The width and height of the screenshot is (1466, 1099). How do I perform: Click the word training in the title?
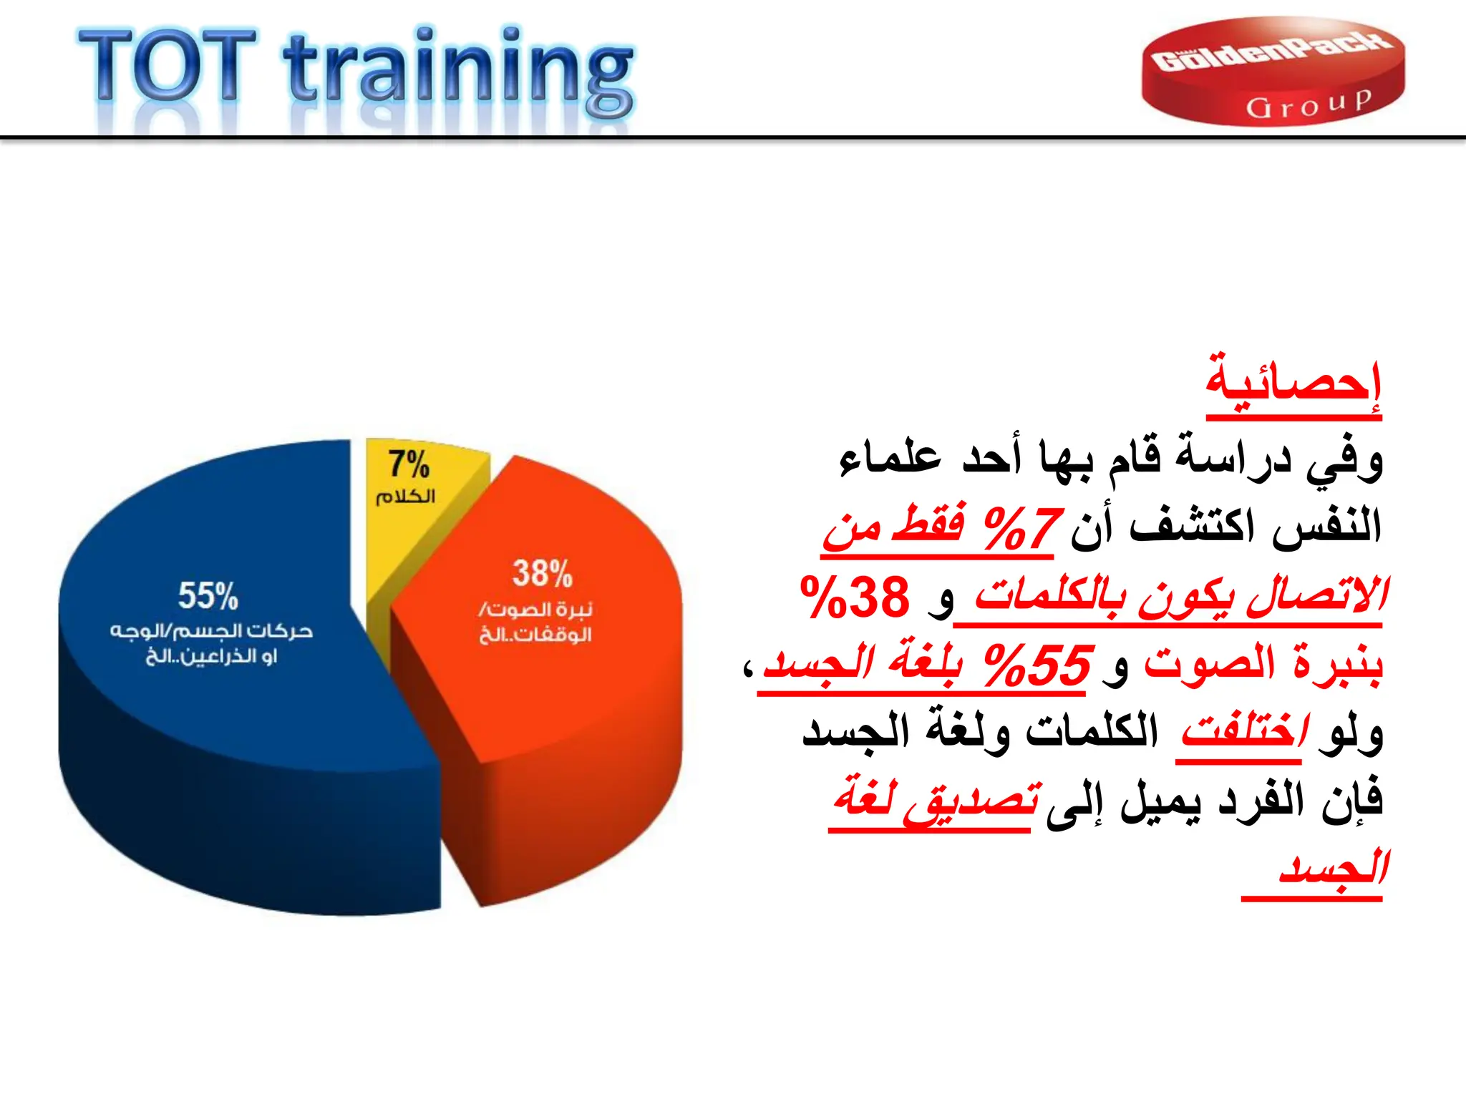coord(458,72)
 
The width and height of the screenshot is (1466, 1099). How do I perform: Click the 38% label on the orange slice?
coord(542,573)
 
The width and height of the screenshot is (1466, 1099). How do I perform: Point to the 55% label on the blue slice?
coord(208,595)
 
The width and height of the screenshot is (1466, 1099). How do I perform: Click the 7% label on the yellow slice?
coord(409,464)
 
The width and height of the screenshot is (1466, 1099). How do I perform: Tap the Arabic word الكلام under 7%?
coord(406,497)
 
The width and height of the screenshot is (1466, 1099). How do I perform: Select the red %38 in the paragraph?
coord(854,597)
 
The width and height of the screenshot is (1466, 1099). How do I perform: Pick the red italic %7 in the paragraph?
coord(1021,528)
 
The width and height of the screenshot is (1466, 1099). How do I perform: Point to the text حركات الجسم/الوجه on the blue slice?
coord(211,631)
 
